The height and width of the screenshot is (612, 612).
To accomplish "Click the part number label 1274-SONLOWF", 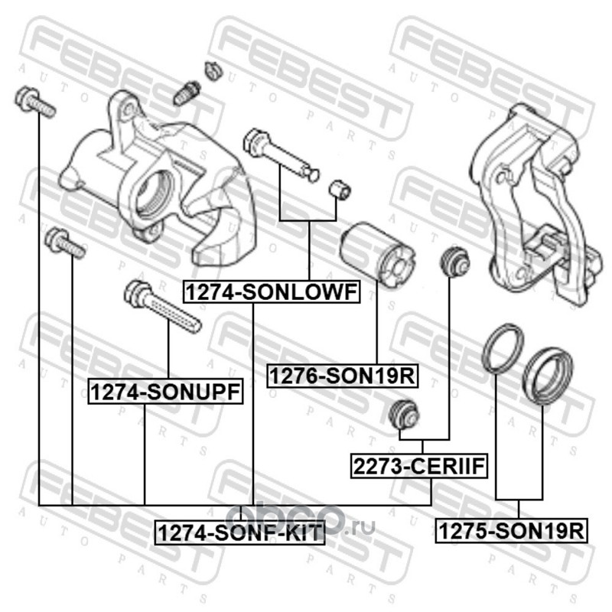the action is click(272, 292).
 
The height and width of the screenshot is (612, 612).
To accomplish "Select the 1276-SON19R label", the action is click(342, 376).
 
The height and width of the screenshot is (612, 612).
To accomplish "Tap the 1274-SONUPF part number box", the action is click(165, 392).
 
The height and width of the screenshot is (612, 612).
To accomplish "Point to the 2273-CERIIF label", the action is click(418, 466).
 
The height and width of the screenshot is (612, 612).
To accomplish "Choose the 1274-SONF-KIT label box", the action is click(239, 532).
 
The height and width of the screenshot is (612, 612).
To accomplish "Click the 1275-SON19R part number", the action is click(511, 532).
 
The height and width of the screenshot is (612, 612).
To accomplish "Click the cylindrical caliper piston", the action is click(377, 255).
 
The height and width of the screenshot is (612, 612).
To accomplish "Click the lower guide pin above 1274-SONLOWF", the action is click(280, 155).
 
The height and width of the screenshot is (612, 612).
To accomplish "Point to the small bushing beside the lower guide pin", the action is click(340, 189).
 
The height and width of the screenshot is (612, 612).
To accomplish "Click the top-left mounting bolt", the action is click(34, 101).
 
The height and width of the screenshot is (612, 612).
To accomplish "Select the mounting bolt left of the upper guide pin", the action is click(65, 243).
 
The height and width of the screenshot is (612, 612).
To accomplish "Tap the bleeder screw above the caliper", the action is click(187, 93).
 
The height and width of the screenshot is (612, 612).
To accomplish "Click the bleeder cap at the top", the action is click(213, 70).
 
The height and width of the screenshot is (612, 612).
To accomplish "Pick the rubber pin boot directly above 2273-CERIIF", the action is click(405, 414).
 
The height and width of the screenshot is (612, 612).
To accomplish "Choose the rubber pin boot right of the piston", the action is click(454, 261).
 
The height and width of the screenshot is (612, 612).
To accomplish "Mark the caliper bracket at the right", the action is click(535, 205).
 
